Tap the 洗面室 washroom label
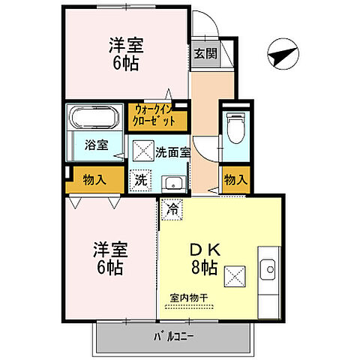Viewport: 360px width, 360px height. click(x=172, y=151)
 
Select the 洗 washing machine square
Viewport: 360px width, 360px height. click(x=141, y=180)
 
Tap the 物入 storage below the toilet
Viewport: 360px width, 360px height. click(x=235, y=179)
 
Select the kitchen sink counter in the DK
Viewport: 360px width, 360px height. click(x=268, y=269)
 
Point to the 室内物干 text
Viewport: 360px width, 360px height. click(x=189, y=298)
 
